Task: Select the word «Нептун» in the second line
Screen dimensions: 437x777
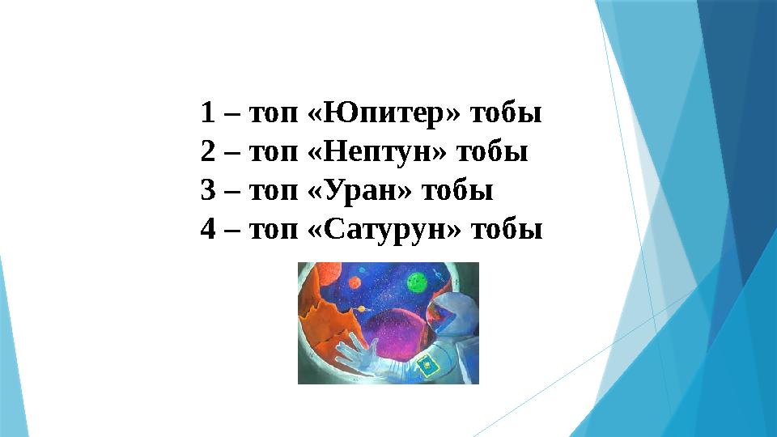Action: coord(380,152)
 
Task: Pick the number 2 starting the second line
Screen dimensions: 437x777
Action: coord(207,152)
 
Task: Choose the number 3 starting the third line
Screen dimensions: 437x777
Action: coord(207,191)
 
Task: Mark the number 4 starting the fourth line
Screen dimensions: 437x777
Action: coord(207,230)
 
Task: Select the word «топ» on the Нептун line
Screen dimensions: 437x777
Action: coord(274,152)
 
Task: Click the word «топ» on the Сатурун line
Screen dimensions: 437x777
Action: coord(274,230)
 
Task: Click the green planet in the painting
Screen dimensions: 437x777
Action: coord(415,282)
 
